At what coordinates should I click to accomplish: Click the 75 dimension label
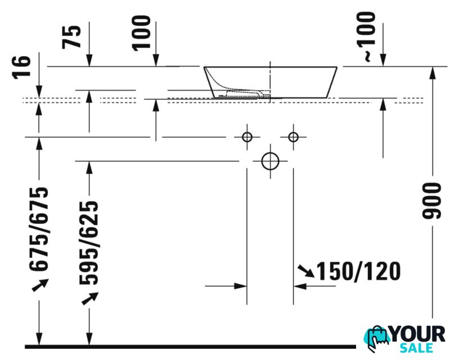coord(71,37)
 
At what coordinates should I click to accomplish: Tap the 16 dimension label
coord(21,67)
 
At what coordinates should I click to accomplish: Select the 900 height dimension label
coord(431,201)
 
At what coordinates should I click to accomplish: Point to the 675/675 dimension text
coord(39,229)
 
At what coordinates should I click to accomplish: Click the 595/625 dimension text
coord(89,242)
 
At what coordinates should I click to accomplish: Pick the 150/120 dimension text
coord(359,271)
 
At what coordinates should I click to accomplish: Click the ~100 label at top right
coord(366,37)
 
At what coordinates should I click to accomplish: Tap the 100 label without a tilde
coord(141,33)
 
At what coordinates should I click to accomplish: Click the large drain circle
coord(270,161)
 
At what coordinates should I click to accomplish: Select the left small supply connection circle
coord(247,137)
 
